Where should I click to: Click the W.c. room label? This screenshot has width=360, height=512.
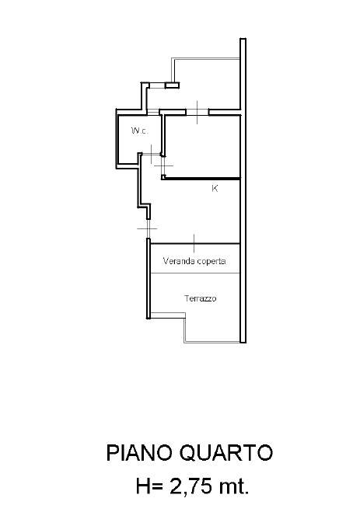click(x=139, y=131)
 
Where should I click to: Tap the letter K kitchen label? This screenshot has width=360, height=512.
click(x=215, y=189)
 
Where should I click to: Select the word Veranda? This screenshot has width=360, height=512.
click(x=178, y=261)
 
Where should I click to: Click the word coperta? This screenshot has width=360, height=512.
click(x=211, y=262)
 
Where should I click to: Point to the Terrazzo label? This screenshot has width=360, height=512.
click(x=201, y=298)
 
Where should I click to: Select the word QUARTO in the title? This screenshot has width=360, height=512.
click(x=226, y=453)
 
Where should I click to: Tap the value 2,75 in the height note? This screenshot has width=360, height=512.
click(x=190, y=487)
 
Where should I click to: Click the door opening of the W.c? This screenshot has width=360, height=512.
click(x=152, y=154)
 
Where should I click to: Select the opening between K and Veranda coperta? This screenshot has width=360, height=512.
click(x=194, y=244)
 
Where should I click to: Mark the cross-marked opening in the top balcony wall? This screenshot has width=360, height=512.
click(x=197, y=113)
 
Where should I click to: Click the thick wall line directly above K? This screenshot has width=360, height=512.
click(x=201, y=178)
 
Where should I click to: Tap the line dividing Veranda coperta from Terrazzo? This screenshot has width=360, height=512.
click(x=195, y=273)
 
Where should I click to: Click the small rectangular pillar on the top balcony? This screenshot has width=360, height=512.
click(x=172, y=85)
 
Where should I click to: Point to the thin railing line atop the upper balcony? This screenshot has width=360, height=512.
click(x=206, y=59)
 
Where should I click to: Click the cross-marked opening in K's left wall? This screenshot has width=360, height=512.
click(x=148, y=228)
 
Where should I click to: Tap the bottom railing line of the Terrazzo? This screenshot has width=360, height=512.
click(x=212, y=342)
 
